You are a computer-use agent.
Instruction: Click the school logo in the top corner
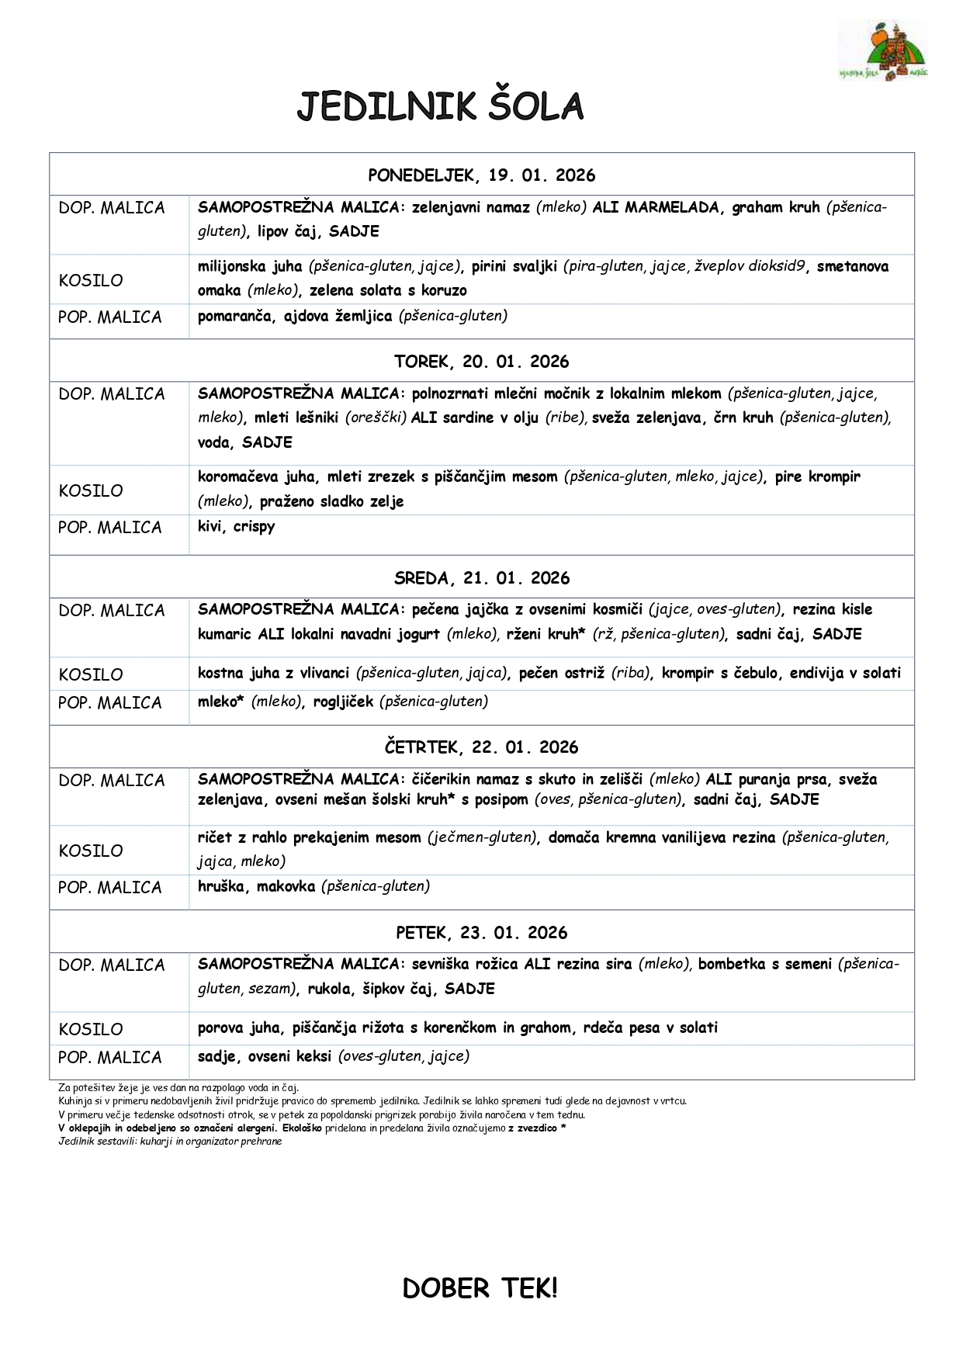(x=883, y=53)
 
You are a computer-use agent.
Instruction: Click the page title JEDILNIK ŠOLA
(x=440, y=107)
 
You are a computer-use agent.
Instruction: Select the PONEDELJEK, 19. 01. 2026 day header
(x=481, y=175)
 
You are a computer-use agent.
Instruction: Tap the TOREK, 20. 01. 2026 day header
(x=481, y=362)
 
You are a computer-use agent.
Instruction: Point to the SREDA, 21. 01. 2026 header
(x=481, y=578)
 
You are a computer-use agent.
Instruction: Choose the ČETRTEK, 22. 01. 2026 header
(x=481, y=747)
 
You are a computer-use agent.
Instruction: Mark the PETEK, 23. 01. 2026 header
(x=481, y=933)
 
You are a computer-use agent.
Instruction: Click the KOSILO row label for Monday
(x=91, y=280)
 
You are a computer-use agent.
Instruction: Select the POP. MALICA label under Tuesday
(x=109, y=528)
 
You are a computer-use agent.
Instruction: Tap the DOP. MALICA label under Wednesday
(x=112, y=611)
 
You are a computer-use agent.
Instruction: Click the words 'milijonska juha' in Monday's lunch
(x=250, y=266)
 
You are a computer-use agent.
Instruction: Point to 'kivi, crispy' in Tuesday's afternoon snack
(x=236, y=526)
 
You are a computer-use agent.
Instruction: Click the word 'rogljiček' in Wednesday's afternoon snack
(x=343, y=702)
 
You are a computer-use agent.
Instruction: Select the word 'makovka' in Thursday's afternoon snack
(x=286, y=886)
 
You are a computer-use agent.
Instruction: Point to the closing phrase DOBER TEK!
(x=480, y=1288)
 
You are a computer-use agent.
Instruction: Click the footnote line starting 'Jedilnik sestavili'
(x=170, y=1142)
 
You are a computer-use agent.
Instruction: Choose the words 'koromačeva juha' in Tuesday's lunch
(x=256, y=477)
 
